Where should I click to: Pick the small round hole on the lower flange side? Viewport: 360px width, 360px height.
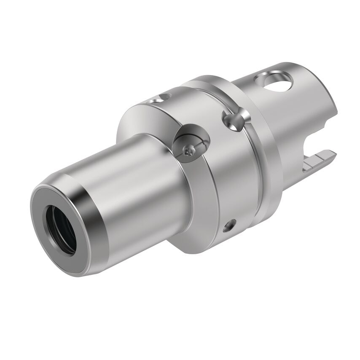click(x=228, y=226)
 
